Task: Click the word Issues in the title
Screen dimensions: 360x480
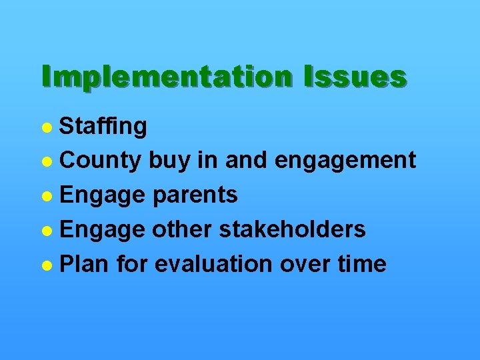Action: [x=354, y=77]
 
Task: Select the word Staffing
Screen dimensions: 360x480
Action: [x=103, y=126]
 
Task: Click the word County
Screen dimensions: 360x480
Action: [x=101, y=160]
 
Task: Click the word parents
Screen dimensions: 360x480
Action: [x=195, y=195]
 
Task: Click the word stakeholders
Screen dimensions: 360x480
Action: [x=294, y=229]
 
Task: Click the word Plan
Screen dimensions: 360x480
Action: [x=85, y=264]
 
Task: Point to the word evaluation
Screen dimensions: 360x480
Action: [x=214, y=264]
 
